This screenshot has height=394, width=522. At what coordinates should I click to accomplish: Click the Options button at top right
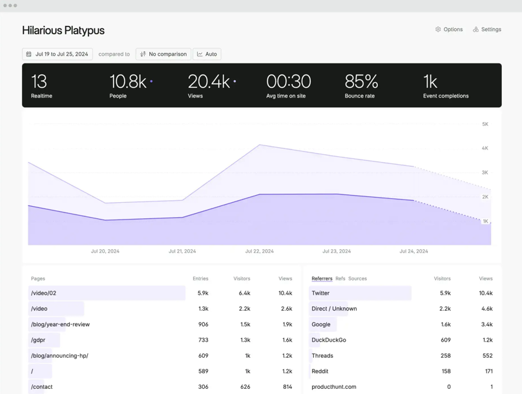pyautogui.click(x=449, y=30)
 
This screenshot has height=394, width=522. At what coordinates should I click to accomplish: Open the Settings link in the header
pyautogui.click(x=487, y=30)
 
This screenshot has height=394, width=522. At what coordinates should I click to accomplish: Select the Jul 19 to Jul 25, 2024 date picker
pyautogui.click(x=57, y=54)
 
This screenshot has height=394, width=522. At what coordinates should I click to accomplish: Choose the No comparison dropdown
pyautogui.click(x=163, y=54)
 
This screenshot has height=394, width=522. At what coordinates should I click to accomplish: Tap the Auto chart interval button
pyautogui.click(x=207, y=54)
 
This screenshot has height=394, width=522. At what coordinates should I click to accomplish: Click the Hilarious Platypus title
pyautogui.click(x=63, y=30)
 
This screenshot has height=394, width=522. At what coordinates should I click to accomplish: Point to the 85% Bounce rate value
pyautogui.click(x=361, y=82)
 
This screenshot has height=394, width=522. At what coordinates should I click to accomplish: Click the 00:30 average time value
pyautogui.click(x=288, y=82)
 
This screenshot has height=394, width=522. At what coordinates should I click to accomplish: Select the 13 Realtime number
pyautogui.click(x=39, y=82)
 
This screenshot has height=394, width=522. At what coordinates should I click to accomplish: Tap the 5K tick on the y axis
pyautogui.click(x=485, y=124)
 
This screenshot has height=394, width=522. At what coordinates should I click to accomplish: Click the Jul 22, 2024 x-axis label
pyautogui.click(x=259, y=251)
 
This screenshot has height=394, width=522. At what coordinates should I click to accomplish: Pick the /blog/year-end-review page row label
pyautogui.click(x=60, y=324)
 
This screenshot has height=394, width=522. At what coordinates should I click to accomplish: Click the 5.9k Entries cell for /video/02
pyautogui.click(x=203, y=293)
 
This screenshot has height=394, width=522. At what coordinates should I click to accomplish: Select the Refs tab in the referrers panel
pyautogui.click(x=340, y=278)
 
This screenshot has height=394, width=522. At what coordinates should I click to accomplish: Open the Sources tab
pyautogui.click(x=357, y=278)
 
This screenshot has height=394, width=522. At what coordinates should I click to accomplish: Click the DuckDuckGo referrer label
pyautogui.click(x=329, y=340)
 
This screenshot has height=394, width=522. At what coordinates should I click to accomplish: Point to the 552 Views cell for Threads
pyautogui.click(x=487, y=356)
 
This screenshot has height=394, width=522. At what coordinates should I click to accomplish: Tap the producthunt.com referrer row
pyautogui.click(x=334, y=387)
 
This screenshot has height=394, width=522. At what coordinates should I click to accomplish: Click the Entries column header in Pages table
pyautogui.click(x=200, y=278)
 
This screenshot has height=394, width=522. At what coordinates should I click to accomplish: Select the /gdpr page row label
pyautogui.click(x=38, y=340)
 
